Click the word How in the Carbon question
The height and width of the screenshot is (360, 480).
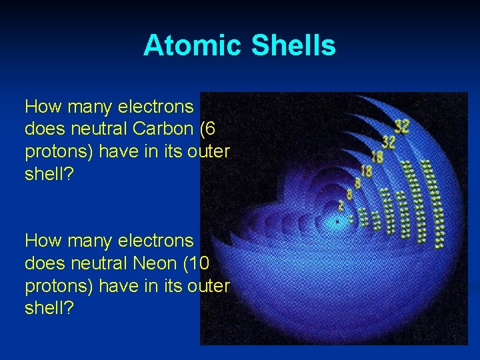tap(43, 107)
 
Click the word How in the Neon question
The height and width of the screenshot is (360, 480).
tap(43, 240)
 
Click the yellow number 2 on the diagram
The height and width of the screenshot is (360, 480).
tap(341, 205)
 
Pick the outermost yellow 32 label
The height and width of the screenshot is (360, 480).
tap(401, 125)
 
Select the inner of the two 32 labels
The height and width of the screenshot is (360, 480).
tap(388, 142)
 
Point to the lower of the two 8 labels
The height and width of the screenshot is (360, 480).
tap(349, 193)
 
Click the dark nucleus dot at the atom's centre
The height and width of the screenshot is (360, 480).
tap(338, 219)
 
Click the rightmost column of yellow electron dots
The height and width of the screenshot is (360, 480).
tap(438, 200)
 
